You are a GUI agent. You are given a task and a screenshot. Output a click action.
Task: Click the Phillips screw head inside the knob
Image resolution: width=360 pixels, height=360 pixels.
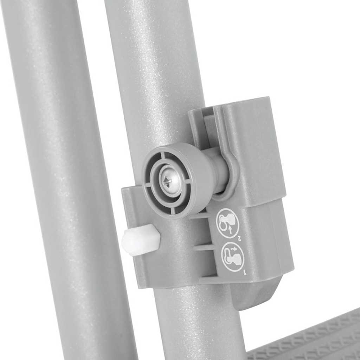click(x=168, y=181)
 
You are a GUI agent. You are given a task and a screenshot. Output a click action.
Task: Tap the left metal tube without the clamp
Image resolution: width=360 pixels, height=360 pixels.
click(x=63, y=176)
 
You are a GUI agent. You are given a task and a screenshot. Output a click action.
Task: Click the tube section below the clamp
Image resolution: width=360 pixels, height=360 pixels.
click(x=197, y=323)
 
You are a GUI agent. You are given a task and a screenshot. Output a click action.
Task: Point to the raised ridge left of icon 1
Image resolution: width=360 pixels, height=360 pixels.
click(x=206, y=247)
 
